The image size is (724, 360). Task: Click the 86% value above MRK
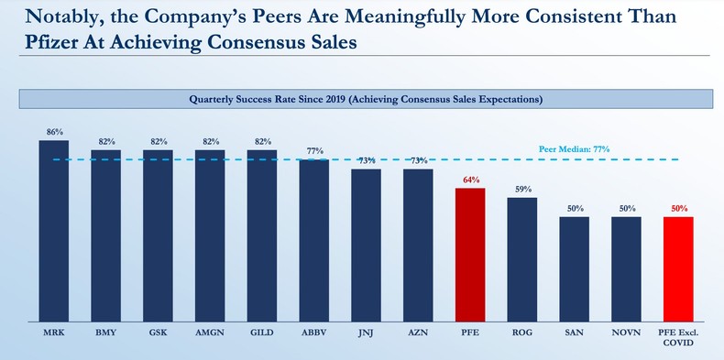53,133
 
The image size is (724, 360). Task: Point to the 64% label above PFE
470,181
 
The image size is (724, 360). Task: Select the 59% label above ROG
522,190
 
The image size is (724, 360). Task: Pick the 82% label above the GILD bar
261,142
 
